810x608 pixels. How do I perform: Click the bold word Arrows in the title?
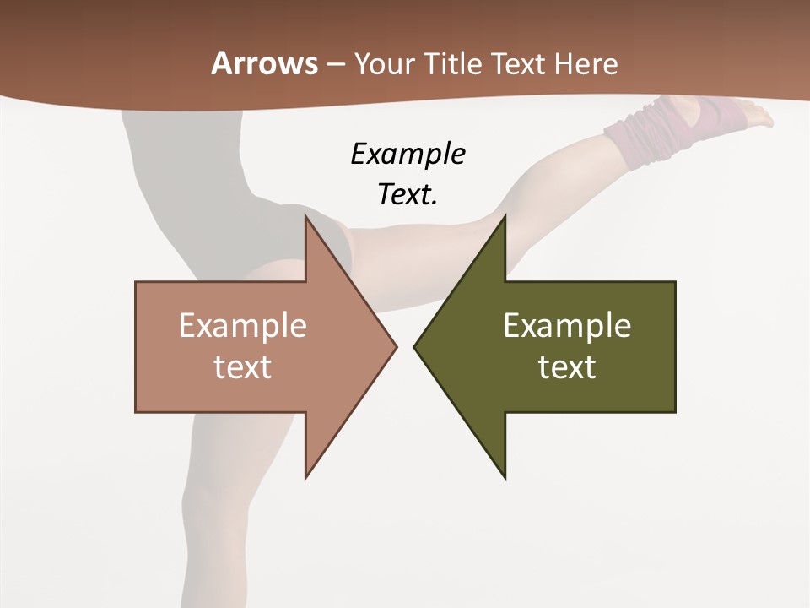[265, 63]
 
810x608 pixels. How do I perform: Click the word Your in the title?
[384, 63]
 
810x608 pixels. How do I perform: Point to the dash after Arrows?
[335, 64]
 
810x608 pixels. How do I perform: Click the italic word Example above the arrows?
[408, 154]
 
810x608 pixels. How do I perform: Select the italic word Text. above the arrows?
[408, 194]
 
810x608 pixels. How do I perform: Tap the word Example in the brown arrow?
[243, 325]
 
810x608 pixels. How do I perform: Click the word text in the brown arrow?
[243, 366]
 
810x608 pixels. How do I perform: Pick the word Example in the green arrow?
[567, 325]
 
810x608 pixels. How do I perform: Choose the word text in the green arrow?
[567, 366]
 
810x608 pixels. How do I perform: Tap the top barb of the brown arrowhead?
[308, 221]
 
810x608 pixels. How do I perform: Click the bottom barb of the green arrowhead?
[503, 473]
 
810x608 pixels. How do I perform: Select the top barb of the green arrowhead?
[503, 221]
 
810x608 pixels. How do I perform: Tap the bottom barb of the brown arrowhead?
[308, 473]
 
